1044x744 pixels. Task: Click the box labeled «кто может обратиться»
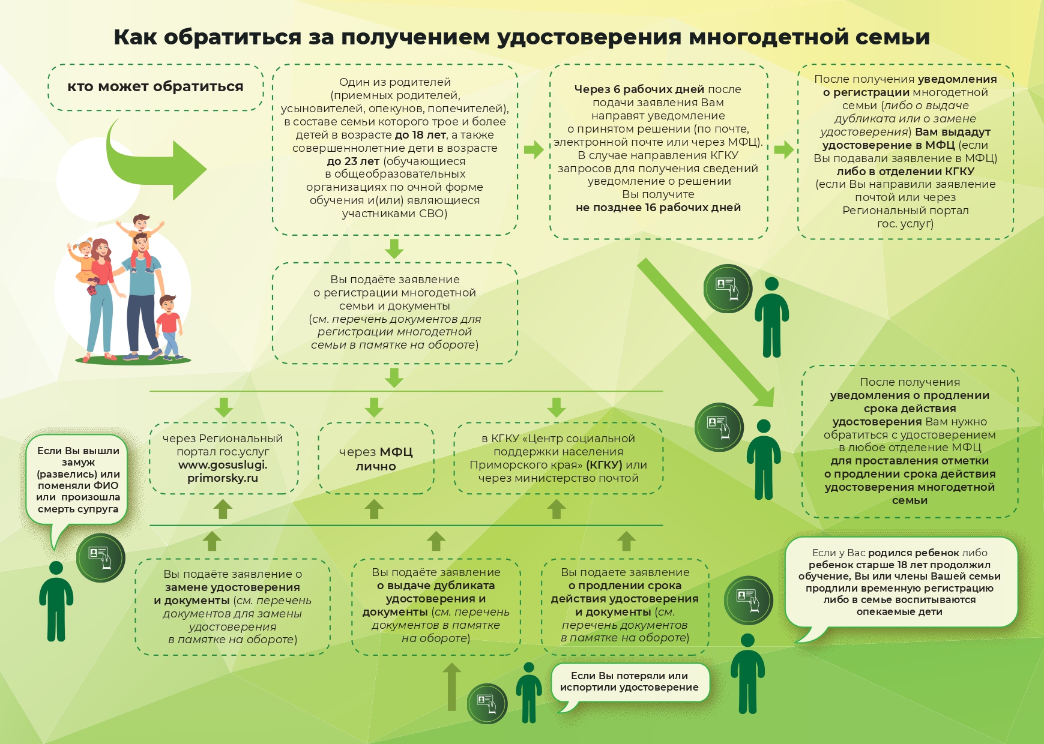[155, 88]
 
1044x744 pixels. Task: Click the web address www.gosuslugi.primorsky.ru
[223, 472]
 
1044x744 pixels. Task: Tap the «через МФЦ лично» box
[376, 458]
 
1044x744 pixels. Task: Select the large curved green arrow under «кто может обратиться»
[153, 160]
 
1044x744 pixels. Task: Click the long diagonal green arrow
[706, 333]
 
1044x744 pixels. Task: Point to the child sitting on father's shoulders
[140, 238]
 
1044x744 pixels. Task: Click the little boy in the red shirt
[169, 327]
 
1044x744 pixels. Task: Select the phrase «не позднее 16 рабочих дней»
[658, 208]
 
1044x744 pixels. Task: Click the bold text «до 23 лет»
[353, 161]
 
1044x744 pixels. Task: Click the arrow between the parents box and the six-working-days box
[534, 149]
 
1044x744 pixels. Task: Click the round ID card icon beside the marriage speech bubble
[101, 557]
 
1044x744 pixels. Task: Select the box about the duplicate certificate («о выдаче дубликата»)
[436, 606]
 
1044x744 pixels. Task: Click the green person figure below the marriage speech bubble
[56, 601]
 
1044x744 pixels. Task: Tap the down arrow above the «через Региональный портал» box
[223, 407]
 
